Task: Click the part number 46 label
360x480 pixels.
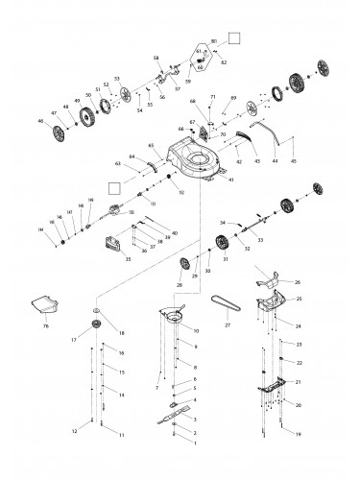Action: pos(40,122)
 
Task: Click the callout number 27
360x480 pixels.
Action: pos(228,325)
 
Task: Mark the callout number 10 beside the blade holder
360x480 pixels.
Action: pos(196,330)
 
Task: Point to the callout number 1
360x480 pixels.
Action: pos(196,444)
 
